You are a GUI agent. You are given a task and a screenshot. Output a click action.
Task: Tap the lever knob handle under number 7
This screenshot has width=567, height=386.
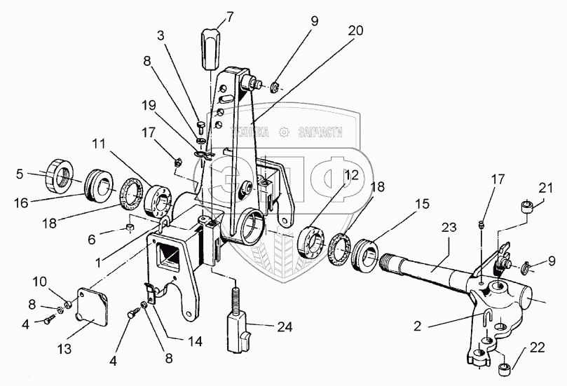pos(212,48)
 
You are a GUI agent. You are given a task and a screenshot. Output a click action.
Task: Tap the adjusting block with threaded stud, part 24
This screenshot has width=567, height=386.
pos(236,322)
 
